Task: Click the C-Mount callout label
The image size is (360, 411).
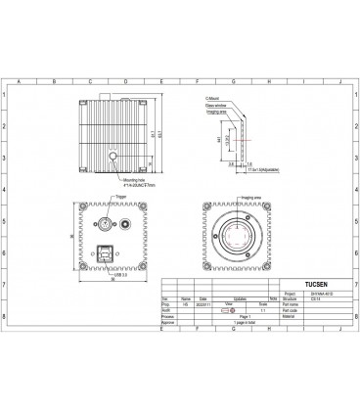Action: pos(212,98)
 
